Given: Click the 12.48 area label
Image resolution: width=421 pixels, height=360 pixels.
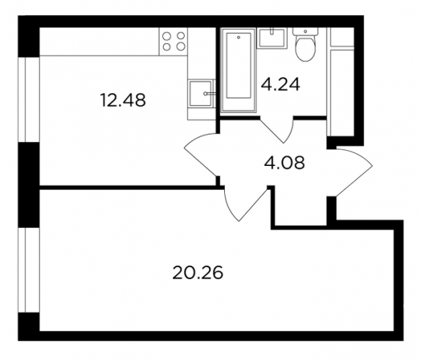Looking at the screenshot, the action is pyautogui.click(x=123, y=100).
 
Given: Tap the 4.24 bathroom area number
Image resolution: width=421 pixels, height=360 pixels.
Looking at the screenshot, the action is pyautogui.click(x=280, y=84).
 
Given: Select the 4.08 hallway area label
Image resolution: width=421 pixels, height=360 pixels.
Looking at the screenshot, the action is pyautogui.click(x=284, y=162).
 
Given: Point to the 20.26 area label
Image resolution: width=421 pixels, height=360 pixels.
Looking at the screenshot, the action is pyautogui.click(x=198, y=273).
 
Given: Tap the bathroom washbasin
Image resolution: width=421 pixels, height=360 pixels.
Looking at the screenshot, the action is pyautogui.click(x=271, y=38).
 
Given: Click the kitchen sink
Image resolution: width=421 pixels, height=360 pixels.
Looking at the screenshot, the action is pyautogui.click(x=202, y=93).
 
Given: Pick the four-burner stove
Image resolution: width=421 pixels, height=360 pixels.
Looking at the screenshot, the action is pyautogui.click(x=174, y=42).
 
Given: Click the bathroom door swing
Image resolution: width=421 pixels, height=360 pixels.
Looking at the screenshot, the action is pyautogui.click(x=278, y=130).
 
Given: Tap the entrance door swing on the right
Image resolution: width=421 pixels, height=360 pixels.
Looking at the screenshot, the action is pyautogui.click(x=353, y=172).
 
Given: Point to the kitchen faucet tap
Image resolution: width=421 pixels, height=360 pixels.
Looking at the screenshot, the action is pyautogui.click(x=210, y=94).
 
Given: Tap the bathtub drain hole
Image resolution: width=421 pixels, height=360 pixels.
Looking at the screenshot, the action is pyautogui.click(x=239, y=38).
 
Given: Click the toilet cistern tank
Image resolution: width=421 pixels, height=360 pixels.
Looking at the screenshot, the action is pyautogui.click(x=305, y=31).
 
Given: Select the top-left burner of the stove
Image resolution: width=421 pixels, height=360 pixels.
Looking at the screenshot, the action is pyautogui.click(x=167, y=35).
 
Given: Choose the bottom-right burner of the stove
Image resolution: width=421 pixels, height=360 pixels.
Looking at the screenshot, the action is pyautogui.click(x=181, y=47).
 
